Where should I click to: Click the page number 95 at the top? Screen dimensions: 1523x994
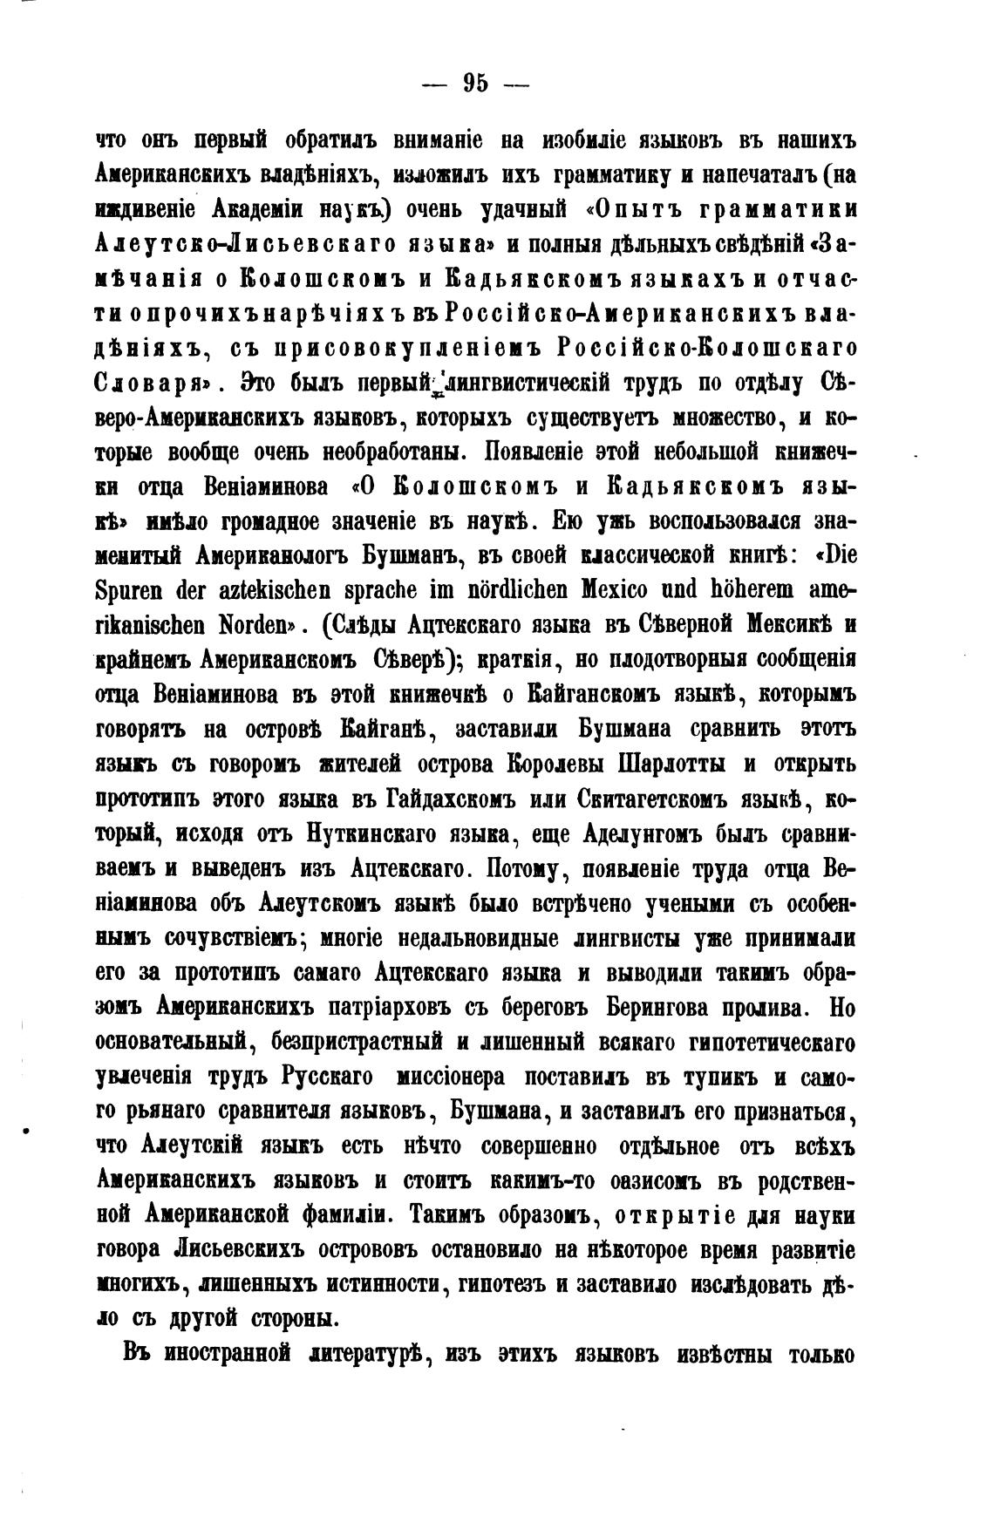476,83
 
